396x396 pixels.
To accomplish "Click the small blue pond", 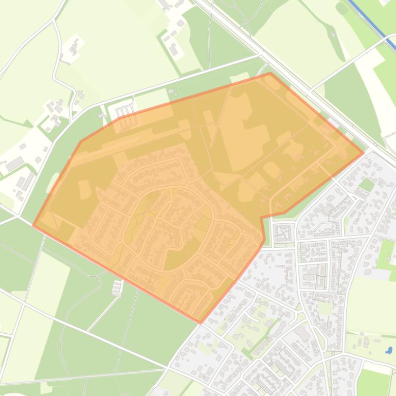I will click(x=389, y=351).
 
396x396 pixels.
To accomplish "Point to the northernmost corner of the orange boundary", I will click(x=270, y=74).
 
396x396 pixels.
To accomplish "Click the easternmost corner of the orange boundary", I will click(x=364, y=152).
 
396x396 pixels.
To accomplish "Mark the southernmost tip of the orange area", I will click(x=200, y=323).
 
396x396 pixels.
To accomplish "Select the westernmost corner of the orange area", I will click(x=33, y=225).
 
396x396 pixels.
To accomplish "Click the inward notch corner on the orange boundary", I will click(x=262, y=218).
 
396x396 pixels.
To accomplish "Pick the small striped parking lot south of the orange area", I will click(x=117, y=288).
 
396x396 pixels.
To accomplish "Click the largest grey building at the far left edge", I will click(x=14, y=164).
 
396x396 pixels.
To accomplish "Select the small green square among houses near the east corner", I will click(x=366, y=185).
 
